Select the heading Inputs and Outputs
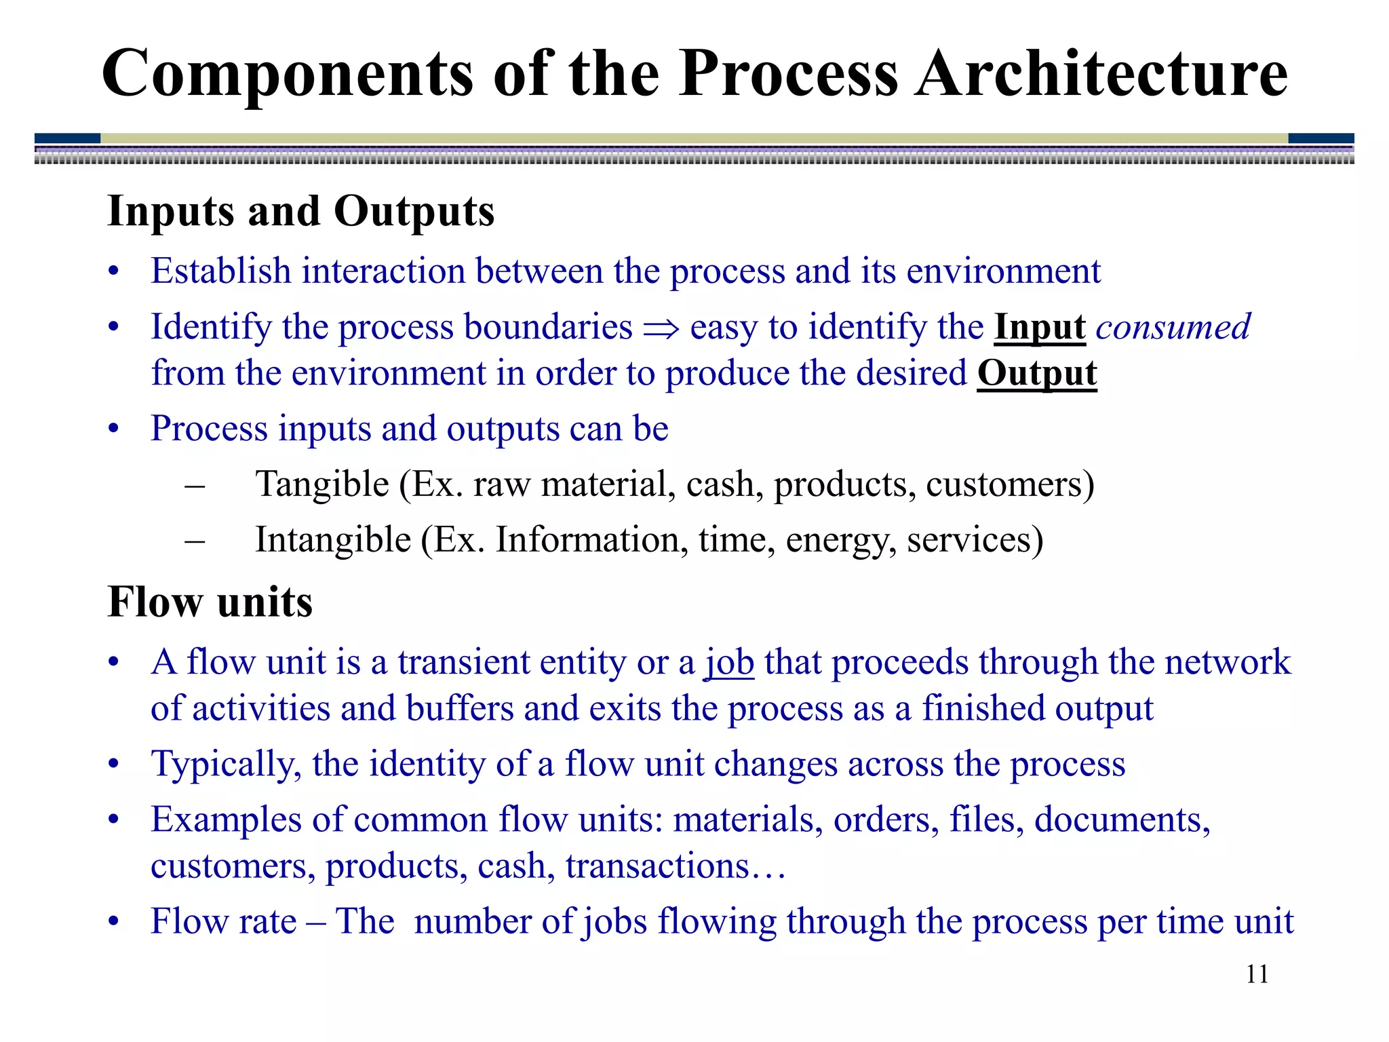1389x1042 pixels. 300,211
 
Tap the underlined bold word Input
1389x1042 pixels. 1040,327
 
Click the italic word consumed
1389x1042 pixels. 1173,327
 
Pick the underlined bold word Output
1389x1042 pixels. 1036,374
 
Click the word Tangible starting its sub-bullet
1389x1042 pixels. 322,485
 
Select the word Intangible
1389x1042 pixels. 333,541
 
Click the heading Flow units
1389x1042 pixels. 210,602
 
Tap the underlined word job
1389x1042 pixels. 729,663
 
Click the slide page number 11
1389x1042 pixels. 1257,974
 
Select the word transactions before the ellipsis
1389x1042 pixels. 657,866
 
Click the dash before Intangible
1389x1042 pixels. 195,541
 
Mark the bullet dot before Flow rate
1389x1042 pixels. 114,923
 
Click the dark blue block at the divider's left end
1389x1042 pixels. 67,138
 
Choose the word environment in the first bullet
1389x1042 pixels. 1003,271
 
